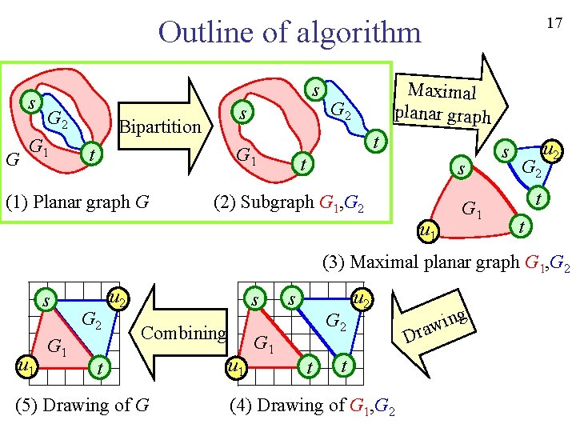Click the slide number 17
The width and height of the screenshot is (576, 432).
554,23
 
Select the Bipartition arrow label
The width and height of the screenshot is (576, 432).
159,126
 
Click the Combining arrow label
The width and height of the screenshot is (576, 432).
184,333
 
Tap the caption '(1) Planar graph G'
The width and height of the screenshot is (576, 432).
78,201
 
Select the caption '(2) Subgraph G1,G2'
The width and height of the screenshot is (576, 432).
289,202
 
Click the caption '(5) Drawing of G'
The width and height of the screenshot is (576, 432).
82,405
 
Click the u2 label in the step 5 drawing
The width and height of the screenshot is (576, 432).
117,299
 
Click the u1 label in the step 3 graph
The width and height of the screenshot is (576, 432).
428,232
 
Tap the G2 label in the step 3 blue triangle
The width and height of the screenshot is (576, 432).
532,168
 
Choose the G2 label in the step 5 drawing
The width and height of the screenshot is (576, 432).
93,322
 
